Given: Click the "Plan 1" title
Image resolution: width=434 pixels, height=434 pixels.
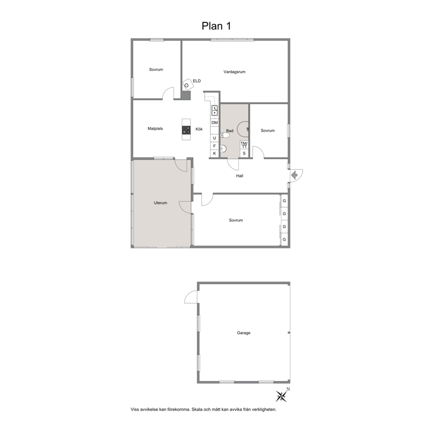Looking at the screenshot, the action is pyautogui.click(x=216, y=26).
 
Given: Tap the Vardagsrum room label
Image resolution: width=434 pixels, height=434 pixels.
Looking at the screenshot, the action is pyautogui.click(x=234, y=72).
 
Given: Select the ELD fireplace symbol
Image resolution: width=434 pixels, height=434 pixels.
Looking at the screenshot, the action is pyautogui.click(x=188, y=84).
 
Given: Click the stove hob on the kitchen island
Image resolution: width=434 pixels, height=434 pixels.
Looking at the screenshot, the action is pyautogui.click(x=186, y=130).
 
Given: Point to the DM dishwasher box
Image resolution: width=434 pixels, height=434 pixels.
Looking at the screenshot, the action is pyautogui.click(x=214, y=122).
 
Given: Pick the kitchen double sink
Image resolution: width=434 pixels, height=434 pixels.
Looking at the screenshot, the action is pyautogui.click(x=214, y=110).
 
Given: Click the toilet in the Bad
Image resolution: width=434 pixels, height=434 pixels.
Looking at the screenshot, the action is pyautogui.click(x=225, y=135).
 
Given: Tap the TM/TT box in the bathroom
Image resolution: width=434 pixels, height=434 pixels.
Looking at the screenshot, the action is pyautogui.click(x=244, y=145).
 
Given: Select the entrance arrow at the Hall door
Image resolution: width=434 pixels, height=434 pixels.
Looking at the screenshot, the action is pyautogui.click(x=294, y=175).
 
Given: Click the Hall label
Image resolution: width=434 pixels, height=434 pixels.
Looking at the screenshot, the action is pyautogui.click(x=240, y=176).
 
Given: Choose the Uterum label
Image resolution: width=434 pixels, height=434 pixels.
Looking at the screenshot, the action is pyautogui.click(x=161, y=203).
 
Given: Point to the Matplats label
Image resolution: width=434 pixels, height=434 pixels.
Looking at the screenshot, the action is pyautogui.click(x=155, y=129).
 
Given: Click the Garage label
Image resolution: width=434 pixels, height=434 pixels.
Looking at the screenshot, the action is pyautogui.click(x=244, y=332).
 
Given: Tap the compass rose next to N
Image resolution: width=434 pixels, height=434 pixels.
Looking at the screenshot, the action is pyautogui.click(x=281, y=396).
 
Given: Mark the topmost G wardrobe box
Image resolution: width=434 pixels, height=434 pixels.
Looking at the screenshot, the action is pyautogui.click(x=284, y=201).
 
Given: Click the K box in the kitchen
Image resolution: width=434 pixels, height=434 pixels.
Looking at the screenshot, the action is pyautogui.click(x=214, y=153).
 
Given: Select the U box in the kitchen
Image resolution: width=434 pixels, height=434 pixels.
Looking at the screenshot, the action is pyautogui.click(x=214, y=138).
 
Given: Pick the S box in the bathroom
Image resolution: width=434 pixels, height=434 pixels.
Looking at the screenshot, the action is pyautogui.click(x=244, y=153).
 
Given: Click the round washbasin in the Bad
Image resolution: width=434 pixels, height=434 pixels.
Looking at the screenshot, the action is pyautogui.click(x=224, y=149).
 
